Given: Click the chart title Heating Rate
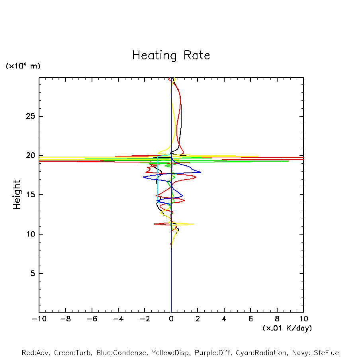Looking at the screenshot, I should click(171, 55).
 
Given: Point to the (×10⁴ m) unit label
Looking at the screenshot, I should click(23, 66).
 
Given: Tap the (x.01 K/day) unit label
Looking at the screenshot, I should click(287, 328).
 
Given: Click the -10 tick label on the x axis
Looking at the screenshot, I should click(38, 319).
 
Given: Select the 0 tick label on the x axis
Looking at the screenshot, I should click(171, 319).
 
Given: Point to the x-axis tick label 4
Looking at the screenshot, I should click(224, 319).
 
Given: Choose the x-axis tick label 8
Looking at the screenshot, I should click(277, 319).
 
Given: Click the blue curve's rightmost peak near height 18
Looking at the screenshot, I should click(201, 172).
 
